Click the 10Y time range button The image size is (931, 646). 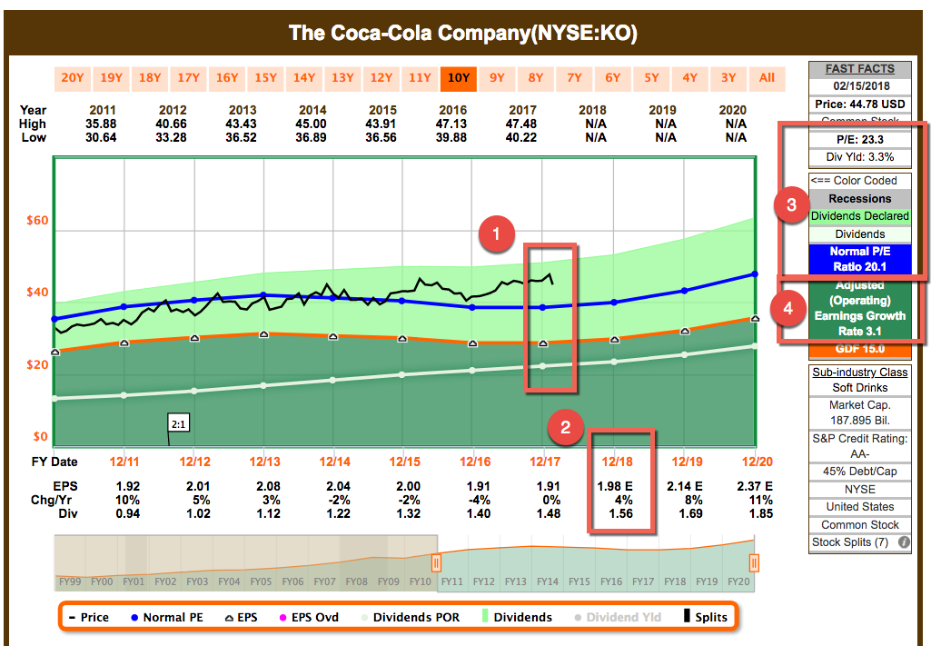click(x=458, y=77)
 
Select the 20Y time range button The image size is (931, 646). click(x=73, y=77)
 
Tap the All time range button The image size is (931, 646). click(x=767, y=77)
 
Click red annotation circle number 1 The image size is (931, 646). click(x=496, y=234)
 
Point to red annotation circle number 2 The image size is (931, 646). click(x=566, y=427)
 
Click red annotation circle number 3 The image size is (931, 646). click(x=791, y=205)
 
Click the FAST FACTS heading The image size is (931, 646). click(x=859, y=69)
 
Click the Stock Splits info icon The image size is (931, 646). click(x=904, y=542)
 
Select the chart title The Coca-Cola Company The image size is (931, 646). click(x=463, y=34)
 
